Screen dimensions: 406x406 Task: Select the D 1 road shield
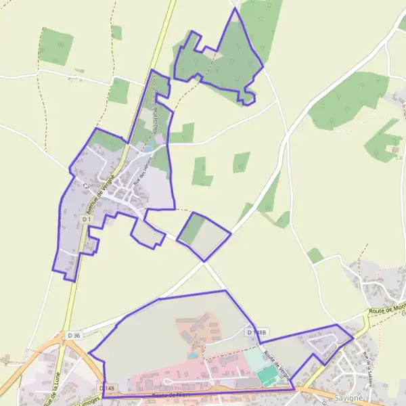pos(87,220)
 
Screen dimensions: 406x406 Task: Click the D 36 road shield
pos(74,336)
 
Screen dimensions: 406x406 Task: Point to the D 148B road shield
pos(258,332)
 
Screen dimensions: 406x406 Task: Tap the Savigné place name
pos(348,398)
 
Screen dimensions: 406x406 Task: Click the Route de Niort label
pos(168,394)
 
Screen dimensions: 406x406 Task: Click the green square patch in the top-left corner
pos(56,47)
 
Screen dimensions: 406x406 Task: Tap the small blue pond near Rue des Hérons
pos(148,148)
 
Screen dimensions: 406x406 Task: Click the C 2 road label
pos(86,185)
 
